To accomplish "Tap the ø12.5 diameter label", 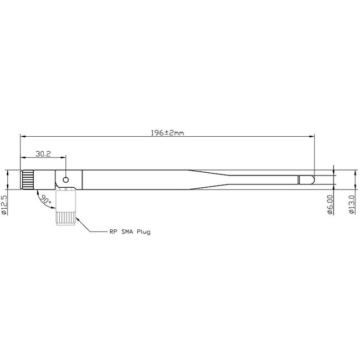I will click(x=5, y=204).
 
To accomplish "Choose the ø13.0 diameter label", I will click(x=351, y=204).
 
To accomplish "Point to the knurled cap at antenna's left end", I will click(x=27, y=180).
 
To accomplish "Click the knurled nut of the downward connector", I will click(x=65, y=218).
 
